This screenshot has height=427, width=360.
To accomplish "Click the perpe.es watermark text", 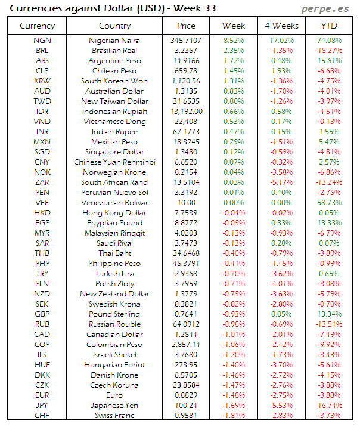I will click(327, 9).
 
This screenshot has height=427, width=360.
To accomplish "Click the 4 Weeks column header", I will click(281, 26).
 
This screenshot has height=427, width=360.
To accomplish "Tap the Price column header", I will click(186, 26).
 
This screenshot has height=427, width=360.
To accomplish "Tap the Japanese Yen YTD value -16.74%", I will click(328, 406).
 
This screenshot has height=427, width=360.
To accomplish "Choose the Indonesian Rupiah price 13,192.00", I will click(186, 112).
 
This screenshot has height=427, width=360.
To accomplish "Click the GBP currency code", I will click(42, 314).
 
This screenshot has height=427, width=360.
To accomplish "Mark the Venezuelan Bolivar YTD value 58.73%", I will click(330, 203).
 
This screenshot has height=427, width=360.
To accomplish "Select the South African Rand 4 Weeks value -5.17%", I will click(281, 182).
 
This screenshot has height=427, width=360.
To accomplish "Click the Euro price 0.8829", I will click(186, 395).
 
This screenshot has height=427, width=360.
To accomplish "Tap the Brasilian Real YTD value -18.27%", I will click(328, 51).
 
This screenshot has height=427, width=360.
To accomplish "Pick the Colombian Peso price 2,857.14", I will click(186, 345).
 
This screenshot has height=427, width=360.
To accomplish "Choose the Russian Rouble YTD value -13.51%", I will click(328, 324).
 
